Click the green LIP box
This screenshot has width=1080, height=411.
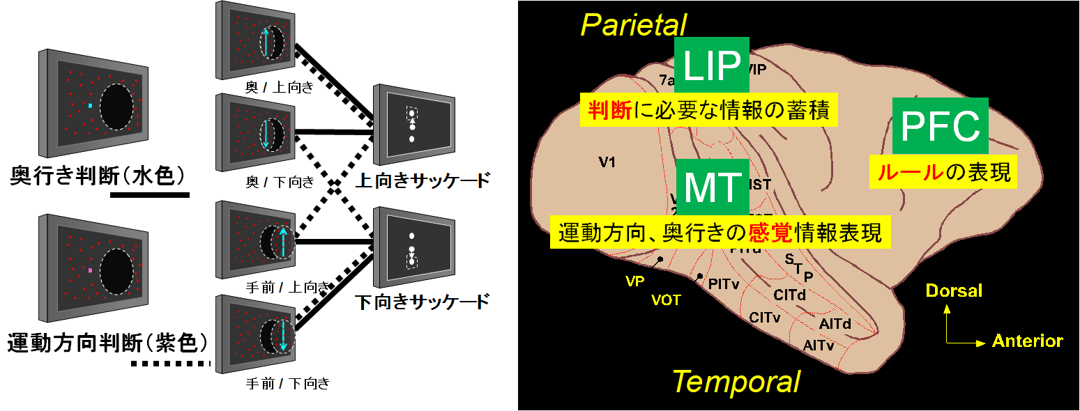(x=711, y=65)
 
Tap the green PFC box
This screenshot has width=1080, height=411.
(x=940, y=126)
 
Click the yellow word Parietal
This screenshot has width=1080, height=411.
(x=633, y=25)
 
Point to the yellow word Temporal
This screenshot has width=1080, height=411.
(x=736, y=382)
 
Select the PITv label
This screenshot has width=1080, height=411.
(x=724, y=284)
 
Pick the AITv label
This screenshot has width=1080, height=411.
(x=817, y=345)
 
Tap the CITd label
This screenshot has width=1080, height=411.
(x=789, y=295)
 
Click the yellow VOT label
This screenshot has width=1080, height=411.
(x=665, y=300)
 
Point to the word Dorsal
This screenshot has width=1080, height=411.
(x=953, y=290)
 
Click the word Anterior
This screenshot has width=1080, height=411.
(x=1027, y=341)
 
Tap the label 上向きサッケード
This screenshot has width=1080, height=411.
(x=422, y=182)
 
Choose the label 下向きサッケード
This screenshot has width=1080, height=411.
(x=422, y=303)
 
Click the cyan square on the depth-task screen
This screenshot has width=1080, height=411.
(x=90, y=106)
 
